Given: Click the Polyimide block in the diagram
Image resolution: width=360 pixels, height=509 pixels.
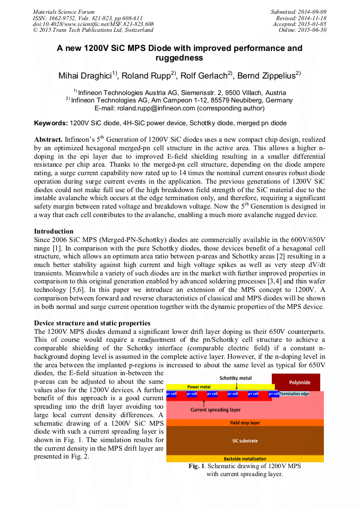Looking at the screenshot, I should tap(296, 382).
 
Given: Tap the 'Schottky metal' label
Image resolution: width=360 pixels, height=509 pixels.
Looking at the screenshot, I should tap(236, 377).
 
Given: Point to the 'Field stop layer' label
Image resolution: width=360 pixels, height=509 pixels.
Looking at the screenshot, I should tap(245, 423).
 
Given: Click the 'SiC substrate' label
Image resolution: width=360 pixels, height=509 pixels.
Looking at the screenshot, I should tap(245, 441).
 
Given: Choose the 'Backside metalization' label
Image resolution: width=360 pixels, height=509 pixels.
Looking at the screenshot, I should tap(245, 459).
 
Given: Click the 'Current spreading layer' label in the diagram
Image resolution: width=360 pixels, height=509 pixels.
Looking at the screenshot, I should tap(216, 409).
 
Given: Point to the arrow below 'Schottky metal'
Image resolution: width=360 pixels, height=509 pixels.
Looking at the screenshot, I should tap(236, 384).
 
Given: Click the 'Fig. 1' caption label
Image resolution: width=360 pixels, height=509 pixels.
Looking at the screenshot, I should tap(196, 466).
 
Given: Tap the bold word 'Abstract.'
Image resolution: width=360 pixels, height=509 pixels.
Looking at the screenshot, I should tap(48, 138).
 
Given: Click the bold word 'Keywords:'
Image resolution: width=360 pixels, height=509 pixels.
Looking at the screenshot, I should tap(51, 123).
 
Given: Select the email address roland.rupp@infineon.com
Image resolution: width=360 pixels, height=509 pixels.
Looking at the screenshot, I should tap(156, 108).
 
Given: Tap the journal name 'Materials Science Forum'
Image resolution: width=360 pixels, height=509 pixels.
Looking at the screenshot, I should tap(64, 12).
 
